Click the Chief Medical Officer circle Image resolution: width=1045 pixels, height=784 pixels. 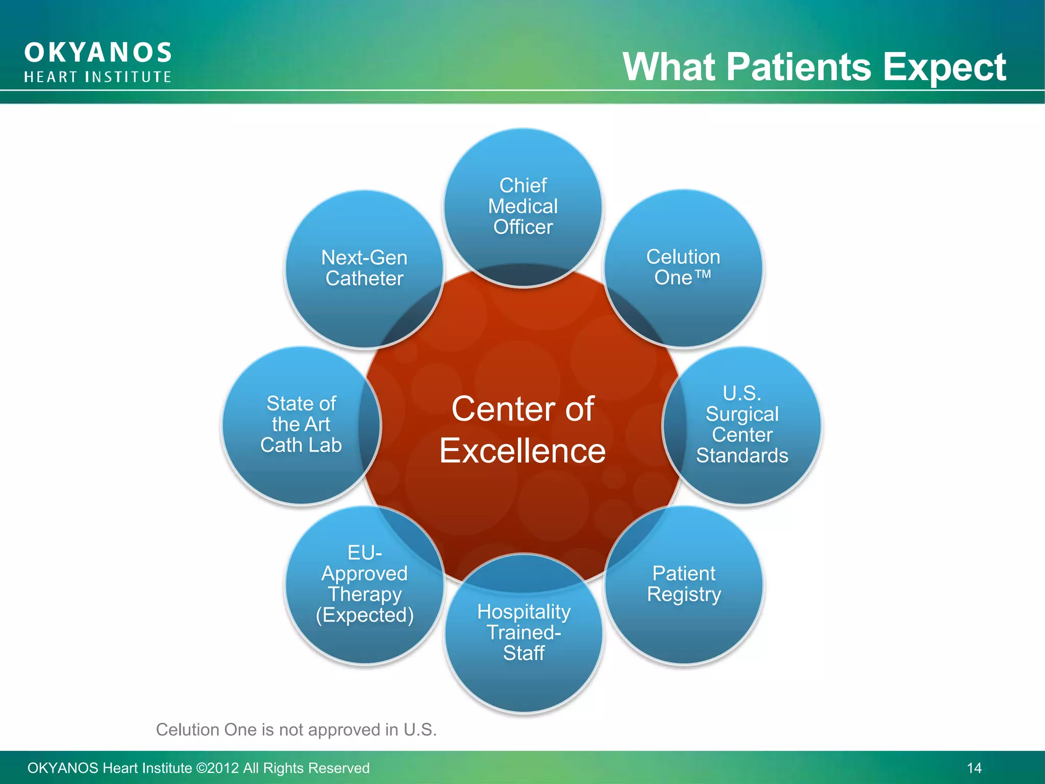(523, 207)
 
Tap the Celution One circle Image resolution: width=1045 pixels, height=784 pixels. (683, 268)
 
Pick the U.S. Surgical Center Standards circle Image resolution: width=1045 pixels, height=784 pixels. (742, 425)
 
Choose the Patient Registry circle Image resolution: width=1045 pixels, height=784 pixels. (684, 584)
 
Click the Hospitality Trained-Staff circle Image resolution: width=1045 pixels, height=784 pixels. (524, 633)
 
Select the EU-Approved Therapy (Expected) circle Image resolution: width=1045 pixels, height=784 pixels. (364, 584)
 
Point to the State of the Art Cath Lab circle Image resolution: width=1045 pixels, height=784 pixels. (301, 425)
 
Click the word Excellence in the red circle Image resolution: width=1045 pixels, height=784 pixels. (522, 451)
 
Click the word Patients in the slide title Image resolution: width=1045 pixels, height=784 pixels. (799, 67)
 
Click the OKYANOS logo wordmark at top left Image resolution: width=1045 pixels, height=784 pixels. (98, 53)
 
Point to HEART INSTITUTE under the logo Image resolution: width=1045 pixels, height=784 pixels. (98, 77)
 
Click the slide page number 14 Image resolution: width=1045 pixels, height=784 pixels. (974, 768)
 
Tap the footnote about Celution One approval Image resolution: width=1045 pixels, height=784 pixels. (296, 730)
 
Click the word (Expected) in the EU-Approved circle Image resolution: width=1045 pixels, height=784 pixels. (364, 616)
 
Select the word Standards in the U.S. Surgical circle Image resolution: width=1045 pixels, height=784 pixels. (742, 456)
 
